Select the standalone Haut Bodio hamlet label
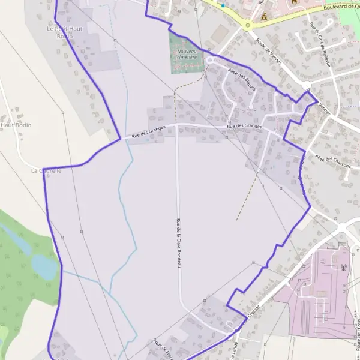pos(16,125)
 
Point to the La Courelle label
pos(46,170)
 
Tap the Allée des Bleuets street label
pos(242,80)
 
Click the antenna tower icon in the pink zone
pos(343,267)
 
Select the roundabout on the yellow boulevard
pos(247,25)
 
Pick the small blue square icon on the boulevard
pos(223,5)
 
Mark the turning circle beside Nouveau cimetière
pos(210,61)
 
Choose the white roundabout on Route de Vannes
pos(306,85)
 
